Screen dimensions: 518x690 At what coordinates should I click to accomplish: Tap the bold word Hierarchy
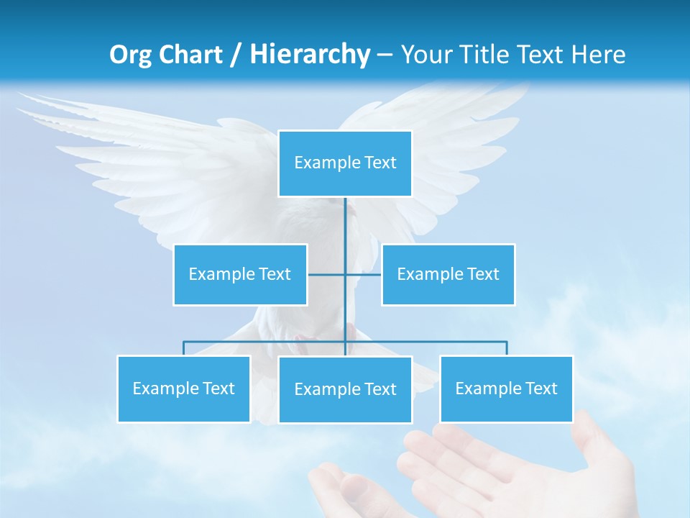tap(310, 54)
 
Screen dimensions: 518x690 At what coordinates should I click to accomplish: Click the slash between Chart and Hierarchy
tap(235, 55)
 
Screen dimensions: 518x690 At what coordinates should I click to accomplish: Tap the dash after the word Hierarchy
tap(385, 55)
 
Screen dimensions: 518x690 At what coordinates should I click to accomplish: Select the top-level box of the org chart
tap(345, 163)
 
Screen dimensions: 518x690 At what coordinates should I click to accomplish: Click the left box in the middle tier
tap(240, 274)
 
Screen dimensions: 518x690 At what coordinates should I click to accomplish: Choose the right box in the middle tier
tap(448, 274)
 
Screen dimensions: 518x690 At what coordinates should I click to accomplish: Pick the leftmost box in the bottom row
tap(183, 388)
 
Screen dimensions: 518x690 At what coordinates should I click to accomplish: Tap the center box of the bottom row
tap(345, 389)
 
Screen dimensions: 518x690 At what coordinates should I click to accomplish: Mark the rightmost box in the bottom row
tap(506, 388)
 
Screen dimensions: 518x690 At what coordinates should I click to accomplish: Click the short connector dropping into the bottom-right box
tap(507, 348)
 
